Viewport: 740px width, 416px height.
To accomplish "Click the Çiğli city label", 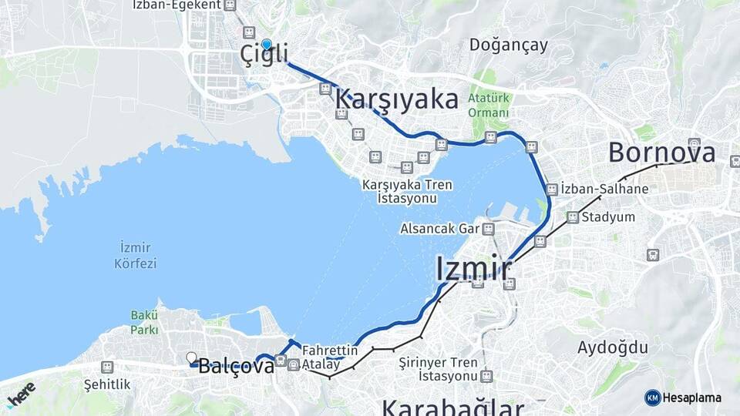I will click(x=264, y=55).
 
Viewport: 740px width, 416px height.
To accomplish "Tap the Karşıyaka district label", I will click(x=397, y=99).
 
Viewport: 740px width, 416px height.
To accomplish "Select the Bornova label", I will click(x=661, y=153).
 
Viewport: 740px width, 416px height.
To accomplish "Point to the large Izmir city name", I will click(x=473, y=270).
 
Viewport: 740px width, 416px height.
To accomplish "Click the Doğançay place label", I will click(x=509, y=45).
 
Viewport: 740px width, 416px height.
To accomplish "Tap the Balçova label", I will click(x=236, y=367).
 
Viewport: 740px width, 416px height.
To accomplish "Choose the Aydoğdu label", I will click(x=613, y=347).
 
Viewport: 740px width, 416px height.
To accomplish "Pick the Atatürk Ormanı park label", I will click(x=489, y=104).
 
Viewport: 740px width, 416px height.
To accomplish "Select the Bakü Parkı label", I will click(x=144, y=322).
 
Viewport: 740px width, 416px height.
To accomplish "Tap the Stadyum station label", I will click(x=609, y=216).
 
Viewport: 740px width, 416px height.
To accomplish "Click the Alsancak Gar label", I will click(x=439, y=229).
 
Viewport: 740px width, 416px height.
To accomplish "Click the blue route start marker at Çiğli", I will click(x=267, y=45).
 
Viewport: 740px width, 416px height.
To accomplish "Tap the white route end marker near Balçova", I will click(x=191, y=357).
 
